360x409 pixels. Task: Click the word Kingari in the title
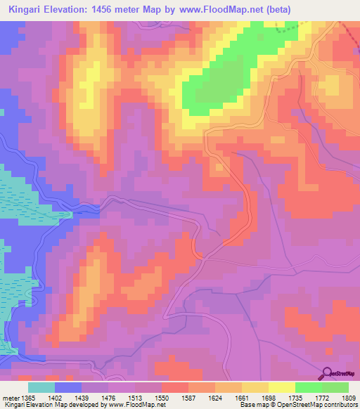(26, 9)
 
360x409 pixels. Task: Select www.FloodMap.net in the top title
(219, 9)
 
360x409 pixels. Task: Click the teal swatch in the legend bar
(41, 387)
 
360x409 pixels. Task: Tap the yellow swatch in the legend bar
(282, 387)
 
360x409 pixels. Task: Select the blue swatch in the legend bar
(68, 387)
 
